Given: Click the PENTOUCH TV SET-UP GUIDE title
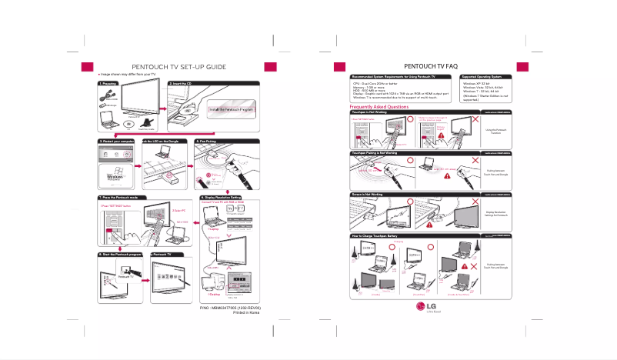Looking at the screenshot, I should (178, 67).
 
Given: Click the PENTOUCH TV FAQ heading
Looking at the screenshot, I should (436, 67).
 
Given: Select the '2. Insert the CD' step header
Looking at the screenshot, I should (185, 82).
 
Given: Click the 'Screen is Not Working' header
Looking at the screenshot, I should (369, 195).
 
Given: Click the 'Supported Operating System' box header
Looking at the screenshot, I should (482, 78).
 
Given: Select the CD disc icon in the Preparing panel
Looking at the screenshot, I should (130, 123).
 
